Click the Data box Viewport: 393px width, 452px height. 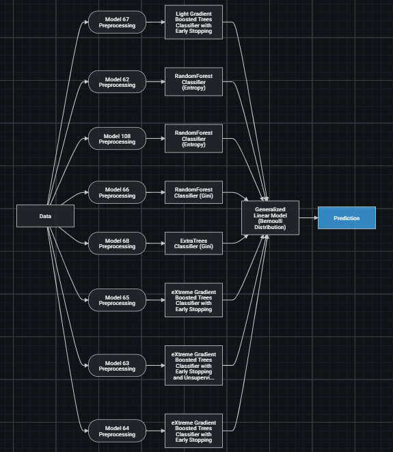click(45, 217)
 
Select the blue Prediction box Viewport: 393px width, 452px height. click(347, 218)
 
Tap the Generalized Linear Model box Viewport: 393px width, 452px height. click(270, 217)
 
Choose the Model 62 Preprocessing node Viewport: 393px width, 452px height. click(117, 82)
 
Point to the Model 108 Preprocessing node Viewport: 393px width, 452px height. click(117, 139)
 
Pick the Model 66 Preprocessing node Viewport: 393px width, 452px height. click(117, 191)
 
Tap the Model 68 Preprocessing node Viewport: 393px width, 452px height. click(117, 243)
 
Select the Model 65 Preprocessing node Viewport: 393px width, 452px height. click(117, 300)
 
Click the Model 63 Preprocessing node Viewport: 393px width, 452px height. click(117, 365)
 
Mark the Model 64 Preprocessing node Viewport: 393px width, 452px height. click(117, 431)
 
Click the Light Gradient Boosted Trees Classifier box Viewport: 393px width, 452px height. click(193, 23)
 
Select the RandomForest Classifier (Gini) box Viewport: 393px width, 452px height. click(193, 192)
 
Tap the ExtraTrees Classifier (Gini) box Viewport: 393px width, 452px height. click(193, 243)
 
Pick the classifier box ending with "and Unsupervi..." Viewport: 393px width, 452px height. click(193, 365)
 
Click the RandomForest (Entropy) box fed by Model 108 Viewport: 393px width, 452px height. click(193, 139)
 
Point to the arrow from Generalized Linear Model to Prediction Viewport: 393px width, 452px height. click(308, 218)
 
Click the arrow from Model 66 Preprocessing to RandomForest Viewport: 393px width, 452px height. click(155, 192)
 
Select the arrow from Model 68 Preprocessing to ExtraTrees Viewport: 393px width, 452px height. click(155, 243)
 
